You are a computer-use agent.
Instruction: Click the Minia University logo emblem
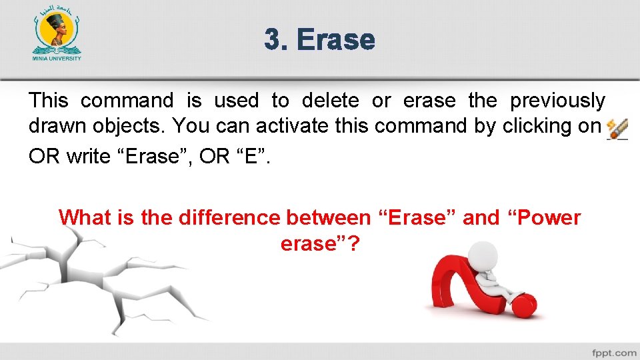(x=57, y=31)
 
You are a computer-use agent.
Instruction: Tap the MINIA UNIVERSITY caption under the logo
(x=57, y=58)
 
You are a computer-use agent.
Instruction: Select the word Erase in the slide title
(x=336, y=39)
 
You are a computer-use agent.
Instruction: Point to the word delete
(x=330, y=101)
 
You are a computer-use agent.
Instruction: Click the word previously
(x=557, y=101)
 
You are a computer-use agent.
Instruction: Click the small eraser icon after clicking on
(x=617, y=129)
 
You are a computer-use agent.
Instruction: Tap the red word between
(x=327, y=218)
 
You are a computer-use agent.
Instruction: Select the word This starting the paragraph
(x=48, y=101)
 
